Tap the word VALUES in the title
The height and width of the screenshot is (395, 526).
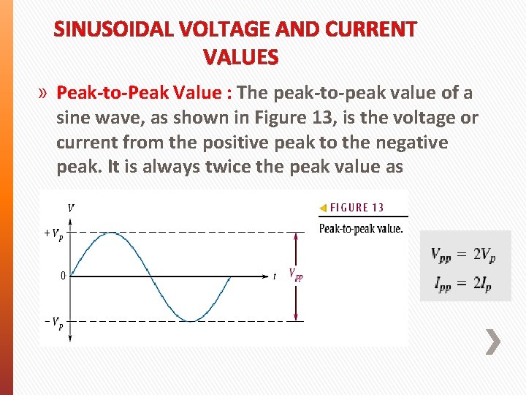coord(240,57)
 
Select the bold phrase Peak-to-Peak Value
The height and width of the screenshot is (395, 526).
coord(144,93)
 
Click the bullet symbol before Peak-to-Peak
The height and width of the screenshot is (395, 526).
coord(44,93)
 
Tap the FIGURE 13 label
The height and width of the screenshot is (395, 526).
coord(357,208)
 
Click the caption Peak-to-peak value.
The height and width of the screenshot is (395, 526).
coord(361,228)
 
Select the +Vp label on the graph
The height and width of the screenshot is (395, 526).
coord(53,235)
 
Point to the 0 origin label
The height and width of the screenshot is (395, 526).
coord(63,276)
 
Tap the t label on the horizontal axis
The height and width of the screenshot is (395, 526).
coord(275,276)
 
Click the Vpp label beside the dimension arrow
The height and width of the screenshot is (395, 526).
coord(296,275)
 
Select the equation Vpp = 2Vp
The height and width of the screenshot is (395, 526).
coord(463,255)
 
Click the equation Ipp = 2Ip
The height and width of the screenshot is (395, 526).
coord(463,284)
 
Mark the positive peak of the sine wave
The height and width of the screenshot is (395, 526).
coord(110,233)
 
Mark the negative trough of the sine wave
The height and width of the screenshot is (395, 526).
coord(191,320)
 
